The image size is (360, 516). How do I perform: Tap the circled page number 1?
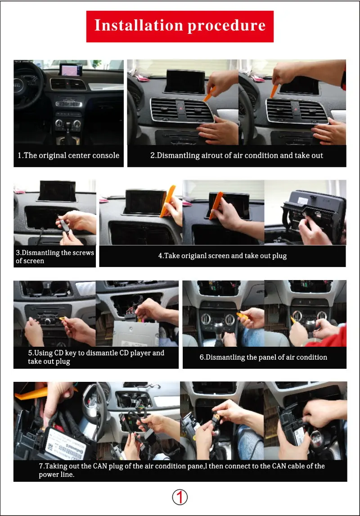click(180, 497)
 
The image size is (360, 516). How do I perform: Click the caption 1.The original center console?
click(68, 155)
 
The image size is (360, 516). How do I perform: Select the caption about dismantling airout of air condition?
click(237, 155)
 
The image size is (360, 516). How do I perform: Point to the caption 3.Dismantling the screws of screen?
click(54, 257)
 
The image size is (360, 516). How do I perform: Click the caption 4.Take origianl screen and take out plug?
click(222, 256)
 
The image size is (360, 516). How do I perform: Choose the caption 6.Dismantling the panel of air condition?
click(263, 357)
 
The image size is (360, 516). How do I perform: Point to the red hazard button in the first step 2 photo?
click(182, 108)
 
